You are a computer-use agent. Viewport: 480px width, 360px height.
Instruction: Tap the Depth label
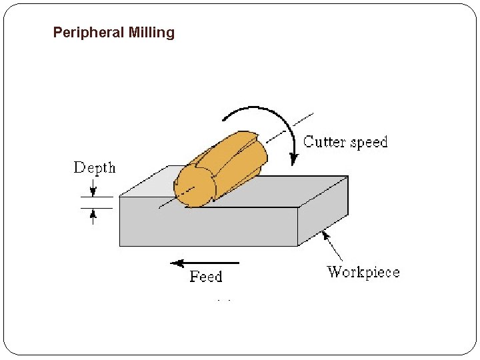point(94,168)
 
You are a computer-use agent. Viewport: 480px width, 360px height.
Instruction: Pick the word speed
point(369,142)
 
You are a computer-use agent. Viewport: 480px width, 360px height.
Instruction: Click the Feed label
point(205,277)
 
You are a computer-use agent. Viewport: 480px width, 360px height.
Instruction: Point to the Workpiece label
point(363,272)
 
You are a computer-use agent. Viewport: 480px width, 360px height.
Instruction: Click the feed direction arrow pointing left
point(200,263)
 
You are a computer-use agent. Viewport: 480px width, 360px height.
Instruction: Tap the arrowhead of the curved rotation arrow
point(292,159)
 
